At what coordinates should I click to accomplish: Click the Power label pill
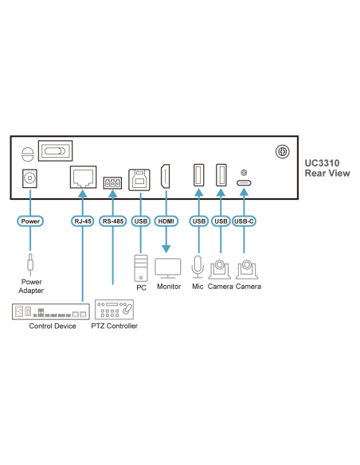(x=31, y=221)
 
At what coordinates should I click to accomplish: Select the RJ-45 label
(x=83, y=221)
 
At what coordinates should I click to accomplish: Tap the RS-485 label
(x=113, y=221)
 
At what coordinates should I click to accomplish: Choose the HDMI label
(x=166, y=221)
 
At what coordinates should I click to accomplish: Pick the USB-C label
(x=245, y=221)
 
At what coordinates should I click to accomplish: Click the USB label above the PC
(x=141, y=221)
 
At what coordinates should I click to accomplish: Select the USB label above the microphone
(x=198, y=221)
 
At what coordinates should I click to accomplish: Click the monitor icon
(x=168, y=267)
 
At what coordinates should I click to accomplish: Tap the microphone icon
(x=198, y=267)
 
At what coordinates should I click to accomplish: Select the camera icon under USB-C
(x=247, y=268)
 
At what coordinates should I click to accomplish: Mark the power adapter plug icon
(x=31, y=262)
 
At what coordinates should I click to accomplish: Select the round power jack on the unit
(x=31, y=178)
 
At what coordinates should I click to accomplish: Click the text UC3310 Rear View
(x=327, y=167)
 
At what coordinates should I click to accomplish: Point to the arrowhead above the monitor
(x=166, y=248)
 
